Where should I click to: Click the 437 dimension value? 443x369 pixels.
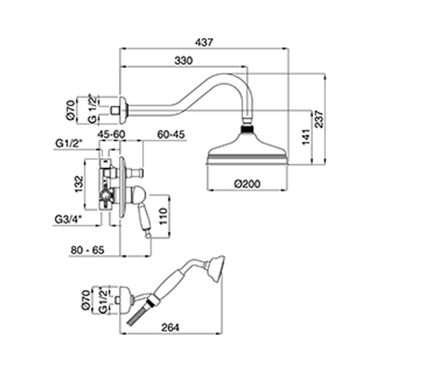pos(204,42)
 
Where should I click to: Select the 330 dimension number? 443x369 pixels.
pos(184,61)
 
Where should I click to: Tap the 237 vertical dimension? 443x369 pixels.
pos(319,119)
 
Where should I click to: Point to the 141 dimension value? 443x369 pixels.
pos(306,137)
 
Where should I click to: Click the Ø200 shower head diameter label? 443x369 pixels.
pos(247,184)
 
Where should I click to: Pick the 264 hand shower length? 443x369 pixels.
pos(170,328)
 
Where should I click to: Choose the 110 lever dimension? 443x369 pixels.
pos(164,216)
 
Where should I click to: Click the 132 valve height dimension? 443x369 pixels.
pos(79,184)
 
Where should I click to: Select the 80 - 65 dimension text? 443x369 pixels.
pos(87,250)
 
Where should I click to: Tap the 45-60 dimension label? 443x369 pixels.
pos(111,134)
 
